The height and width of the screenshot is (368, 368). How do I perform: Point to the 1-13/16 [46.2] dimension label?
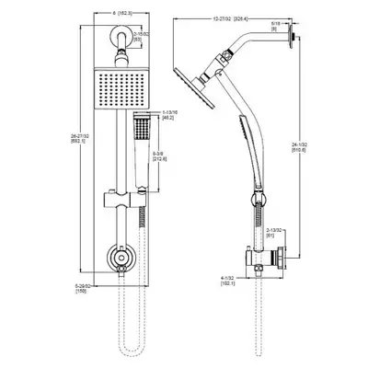click(167, 115)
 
